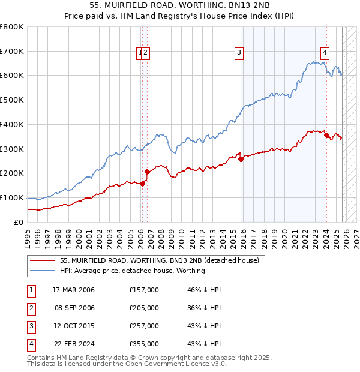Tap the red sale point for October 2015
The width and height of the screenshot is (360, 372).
[241, 159]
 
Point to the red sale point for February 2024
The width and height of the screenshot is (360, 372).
[326, 135]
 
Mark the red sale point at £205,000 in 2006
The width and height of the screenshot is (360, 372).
[147, 172]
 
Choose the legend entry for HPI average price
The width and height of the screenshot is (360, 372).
[132, 271]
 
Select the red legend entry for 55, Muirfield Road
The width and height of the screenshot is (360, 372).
[159, 260]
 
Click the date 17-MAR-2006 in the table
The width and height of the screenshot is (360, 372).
[73, 290]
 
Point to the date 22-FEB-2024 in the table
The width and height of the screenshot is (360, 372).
[73, 344]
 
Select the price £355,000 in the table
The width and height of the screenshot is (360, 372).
[144, 344]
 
